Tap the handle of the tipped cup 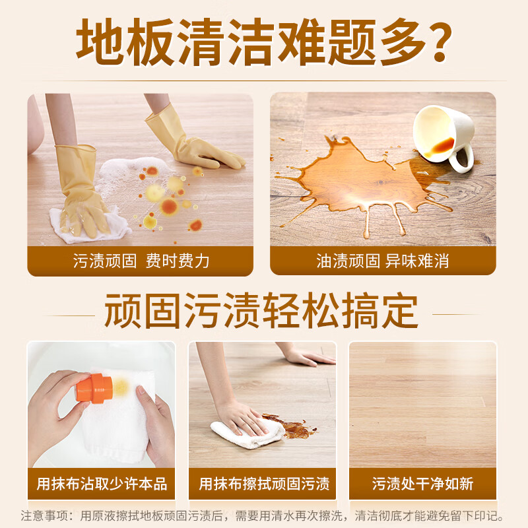coord(462,159)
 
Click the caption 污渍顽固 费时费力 coord(141,261)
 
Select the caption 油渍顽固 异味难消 coord(383,261)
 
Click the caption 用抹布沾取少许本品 coord(102,484)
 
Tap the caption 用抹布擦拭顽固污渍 coord(263,484)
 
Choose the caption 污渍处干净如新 coord(422,484)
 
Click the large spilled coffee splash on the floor coord(356,178)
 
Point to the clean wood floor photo coord(422,403)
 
